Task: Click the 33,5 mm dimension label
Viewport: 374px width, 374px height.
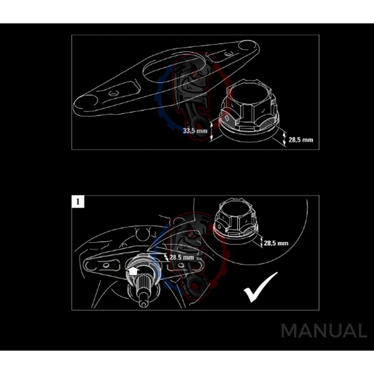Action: tap(195, 131)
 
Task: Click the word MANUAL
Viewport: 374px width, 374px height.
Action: tap(324, 331)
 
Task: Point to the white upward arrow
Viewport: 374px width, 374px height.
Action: tap(132, 271)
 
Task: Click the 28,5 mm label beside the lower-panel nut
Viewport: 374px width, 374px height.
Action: tap(276, 243)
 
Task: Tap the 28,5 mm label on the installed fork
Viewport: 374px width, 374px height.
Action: tap(181, 258)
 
